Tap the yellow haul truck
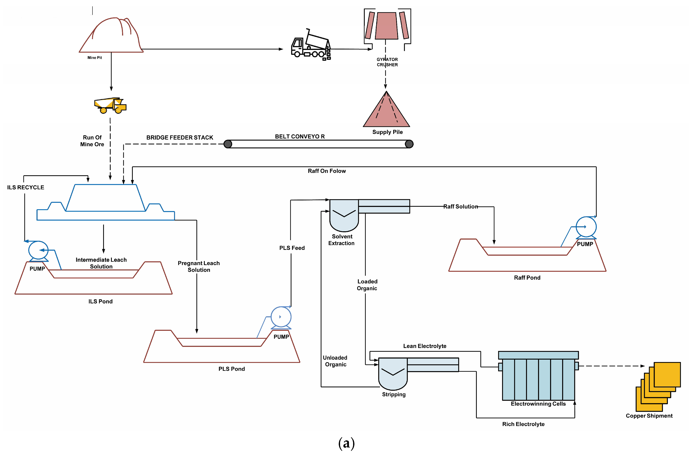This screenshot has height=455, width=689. [x=110, y=105]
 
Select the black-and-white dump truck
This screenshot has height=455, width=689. [x=311, y=45]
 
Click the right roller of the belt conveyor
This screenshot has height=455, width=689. [x=409, y=144]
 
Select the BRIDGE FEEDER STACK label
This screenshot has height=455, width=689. [x=180, y=137]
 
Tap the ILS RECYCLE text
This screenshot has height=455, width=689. [x=26, y=188]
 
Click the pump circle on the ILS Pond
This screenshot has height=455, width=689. [x=38, y=250]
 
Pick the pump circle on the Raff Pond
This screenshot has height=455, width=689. [x=586, y=227]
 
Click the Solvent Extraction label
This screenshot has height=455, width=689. [x=341, y=240]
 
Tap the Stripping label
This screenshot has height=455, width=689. [x=394, y=394]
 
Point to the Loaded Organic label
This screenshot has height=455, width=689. [x=367, y=285]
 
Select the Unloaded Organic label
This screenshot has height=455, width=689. [x=335, y=361]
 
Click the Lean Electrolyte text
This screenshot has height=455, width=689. [x=425, y=346]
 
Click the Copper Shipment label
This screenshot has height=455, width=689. [x=649, y=416]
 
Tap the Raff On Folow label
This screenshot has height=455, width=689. [x=327, y=171]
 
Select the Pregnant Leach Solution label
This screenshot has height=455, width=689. [x=199, y=266]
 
